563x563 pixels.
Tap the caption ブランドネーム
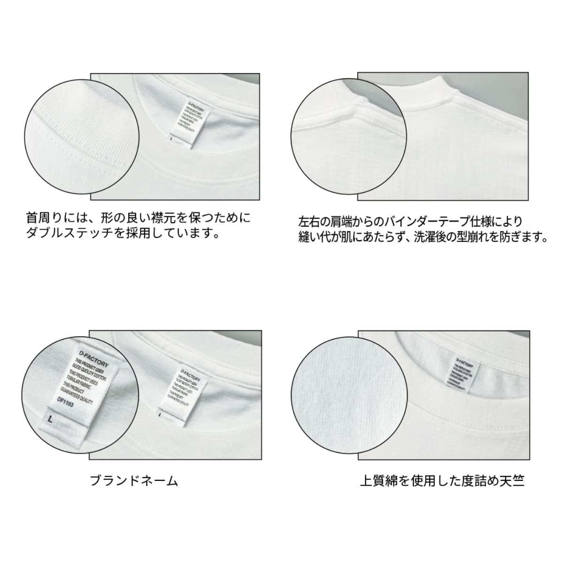pyautogui.click(x=134, y=481)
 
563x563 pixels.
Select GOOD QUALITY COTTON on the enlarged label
pyautogui.click(x=92, y=371)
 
